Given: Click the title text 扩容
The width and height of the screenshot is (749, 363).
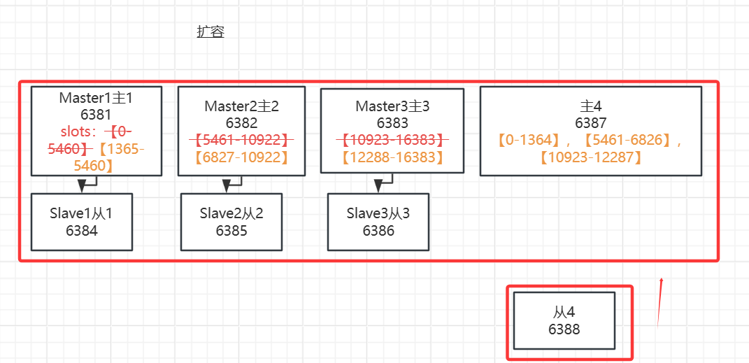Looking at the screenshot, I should [210, 32].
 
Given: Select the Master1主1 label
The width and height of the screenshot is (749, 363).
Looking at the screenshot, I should [96, 99].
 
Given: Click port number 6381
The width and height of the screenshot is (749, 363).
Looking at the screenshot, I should [96, 115].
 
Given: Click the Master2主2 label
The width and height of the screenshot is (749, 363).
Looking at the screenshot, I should [241, 106].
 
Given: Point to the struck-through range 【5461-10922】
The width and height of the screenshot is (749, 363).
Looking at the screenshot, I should [241, 140].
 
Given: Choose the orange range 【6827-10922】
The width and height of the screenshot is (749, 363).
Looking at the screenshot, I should [241, 157].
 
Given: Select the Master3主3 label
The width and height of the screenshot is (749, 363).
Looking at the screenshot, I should [392, 106].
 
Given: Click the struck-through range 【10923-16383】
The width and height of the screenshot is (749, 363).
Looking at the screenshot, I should [392, 140].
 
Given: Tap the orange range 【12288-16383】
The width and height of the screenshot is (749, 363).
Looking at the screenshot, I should [392, 157].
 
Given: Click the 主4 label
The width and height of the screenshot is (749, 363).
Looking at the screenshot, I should [591, 106].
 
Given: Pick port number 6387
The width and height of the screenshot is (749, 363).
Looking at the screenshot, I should [591, 123].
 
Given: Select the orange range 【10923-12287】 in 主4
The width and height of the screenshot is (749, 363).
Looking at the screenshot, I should [591, 157].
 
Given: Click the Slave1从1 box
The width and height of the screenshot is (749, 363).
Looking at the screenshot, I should [82, 222].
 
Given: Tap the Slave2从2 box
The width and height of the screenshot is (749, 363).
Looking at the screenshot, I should [231, 222].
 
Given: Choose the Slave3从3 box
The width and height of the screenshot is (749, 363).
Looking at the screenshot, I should [378, 222].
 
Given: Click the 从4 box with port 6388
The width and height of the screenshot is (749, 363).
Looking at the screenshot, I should [564, 320].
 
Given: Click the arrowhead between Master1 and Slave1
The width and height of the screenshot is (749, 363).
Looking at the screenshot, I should [83, 186].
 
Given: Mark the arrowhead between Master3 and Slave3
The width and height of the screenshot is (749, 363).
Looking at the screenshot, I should [378, 186].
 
